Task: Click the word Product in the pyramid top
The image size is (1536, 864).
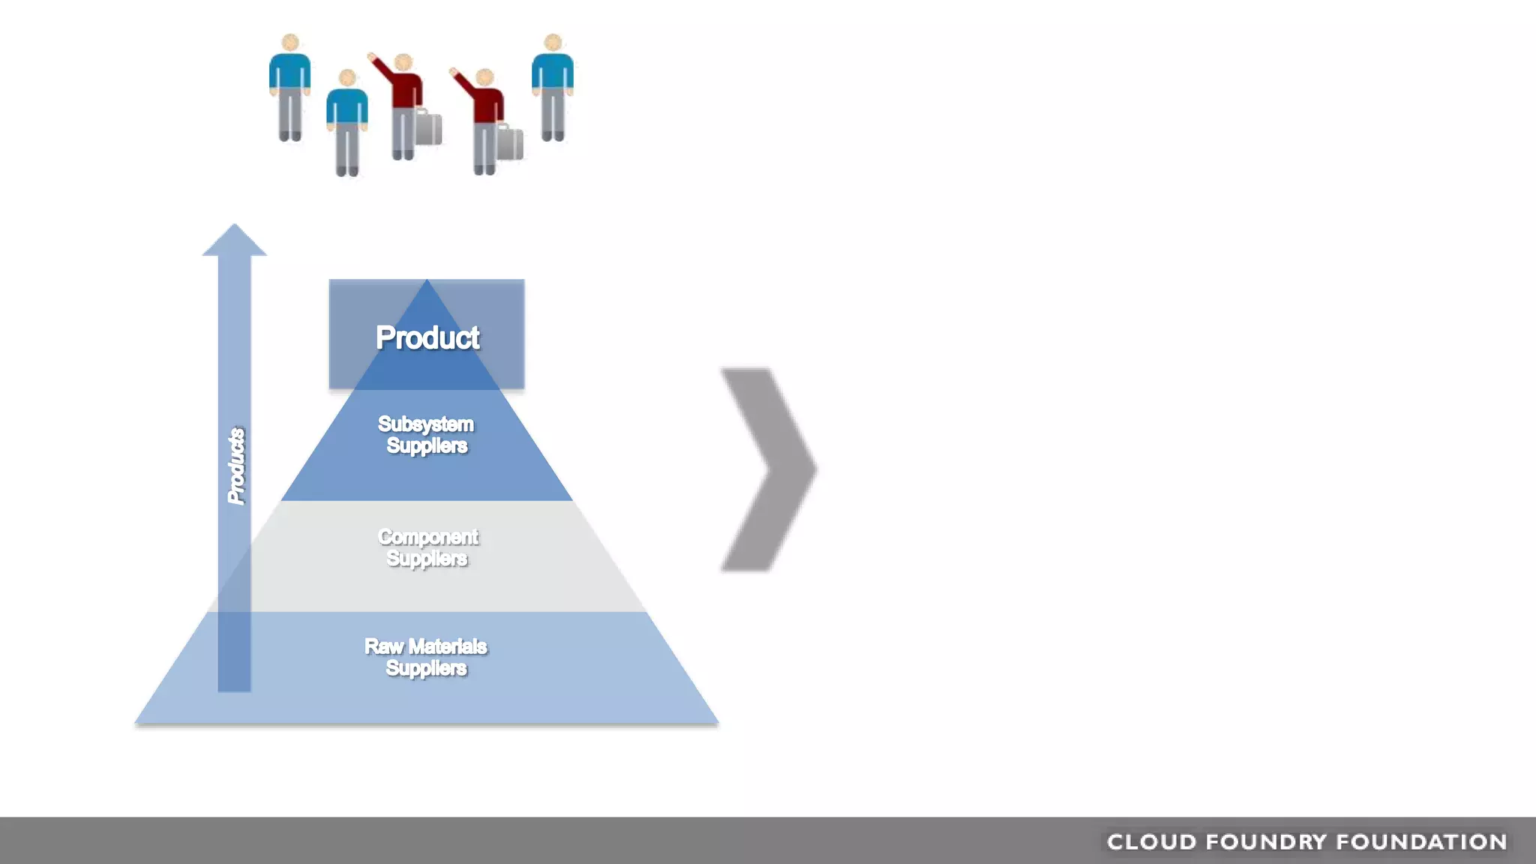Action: [x=427, y=338]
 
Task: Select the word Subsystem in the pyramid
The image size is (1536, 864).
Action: [x=425, y=424]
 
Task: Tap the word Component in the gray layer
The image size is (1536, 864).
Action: [x=427, y=537]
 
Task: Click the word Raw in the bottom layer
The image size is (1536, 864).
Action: [x=383, y=646]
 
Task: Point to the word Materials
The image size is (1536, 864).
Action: [x=448, y=646]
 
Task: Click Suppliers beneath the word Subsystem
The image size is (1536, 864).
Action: [x=427, y=445]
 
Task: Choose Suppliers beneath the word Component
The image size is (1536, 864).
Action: [x=427, y=559]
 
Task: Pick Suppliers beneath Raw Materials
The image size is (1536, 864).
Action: [x=426, y=668]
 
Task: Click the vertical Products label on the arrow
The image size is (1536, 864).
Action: [x=236, y=466]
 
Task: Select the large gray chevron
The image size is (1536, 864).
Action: [x=769, y=469]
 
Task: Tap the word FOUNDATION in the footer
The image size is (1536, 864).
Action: [x=1422, y=842]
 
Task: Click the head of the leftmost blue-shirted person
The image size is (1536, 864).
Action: [x=290, y=43]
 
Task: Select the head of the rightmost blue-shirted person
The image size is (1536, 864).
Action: [x=553, y=43]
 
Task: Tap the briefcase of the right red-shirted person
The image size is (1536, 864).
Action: [x=510, y=142]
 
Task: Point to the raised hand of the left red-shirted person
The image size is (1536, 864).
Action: [x=371, y=56]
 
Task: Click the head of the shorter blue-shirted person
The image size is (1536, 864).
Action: [x=347, y=78]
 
